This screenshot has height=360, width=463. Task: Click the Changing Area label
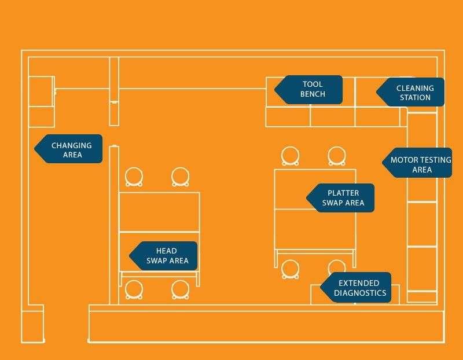(71, 149)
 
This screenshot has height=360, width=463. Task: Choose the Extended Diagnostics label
(358, 288)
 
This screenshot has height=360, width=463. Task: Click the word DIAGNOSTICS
(360, 293)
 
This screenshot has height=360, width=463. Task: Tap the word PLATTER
(343, 193)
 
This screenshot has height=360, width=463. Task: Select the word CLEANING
(415, 88)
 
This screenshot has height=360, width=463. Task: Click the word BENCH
(313, 94)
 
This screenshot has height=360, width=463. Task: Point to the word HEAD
(167, 251)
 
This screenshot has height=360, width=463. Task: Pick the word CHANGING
(72, 145)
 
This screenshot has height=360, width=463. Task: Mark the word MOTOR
(403, 160)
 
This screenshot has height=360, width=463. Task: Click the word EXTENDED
(359, 283)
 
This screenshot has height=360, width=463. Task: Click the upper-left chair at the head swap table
(134, 177)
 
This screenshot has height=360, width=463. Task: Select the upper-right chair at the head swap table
(180, 177)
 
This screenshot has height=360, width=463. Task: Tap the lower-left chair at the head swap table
(134, 289)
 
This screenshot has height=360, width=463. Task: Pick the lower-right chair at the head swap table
(180, 289)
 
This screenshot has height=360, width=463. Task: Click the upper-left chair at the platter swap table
(291, 156)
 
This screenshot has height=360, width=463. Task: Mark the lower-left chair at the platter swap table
(291, 268)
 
